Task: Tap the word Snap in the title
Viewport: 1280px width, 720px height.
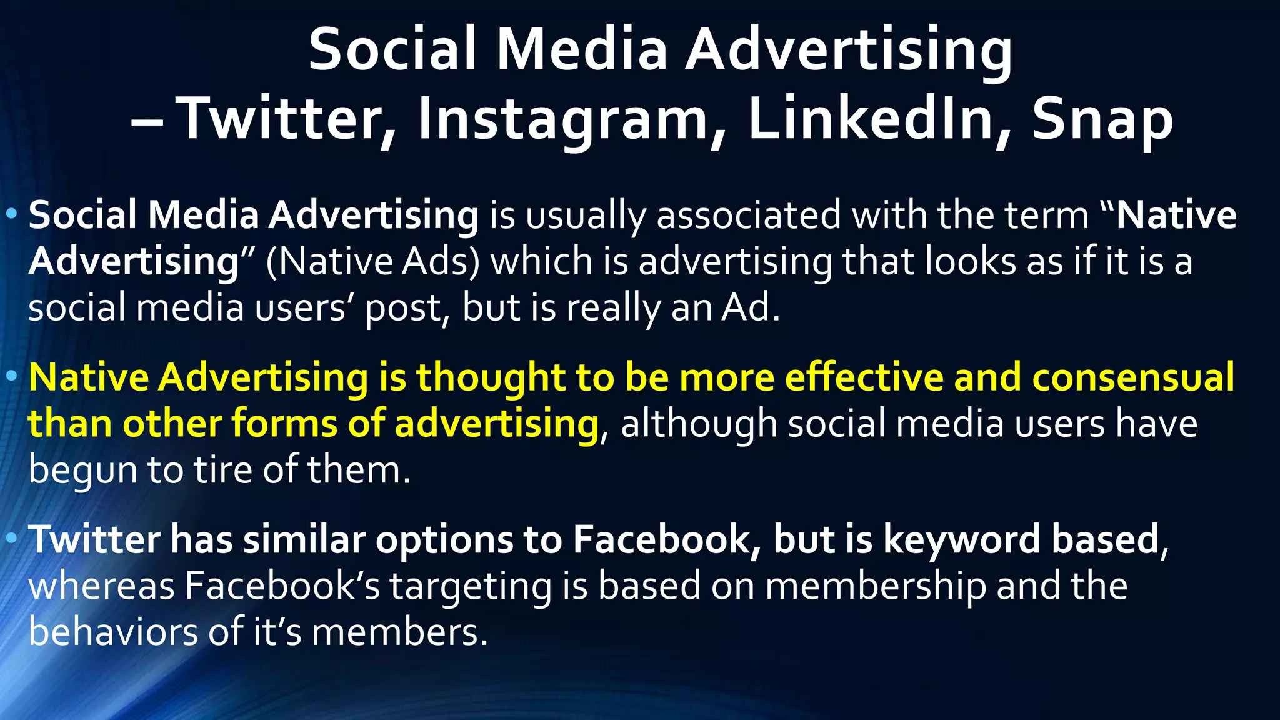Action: [x=1102, y=119]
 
